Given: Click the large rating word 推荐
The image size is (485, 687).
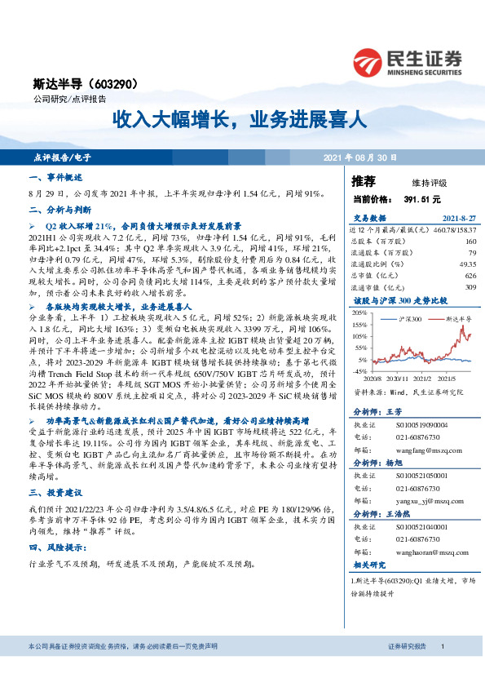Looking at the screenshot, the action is click(x=363, y=180).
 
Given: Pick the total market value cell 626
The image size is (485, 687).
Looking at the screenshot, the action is click(x=470, y=276).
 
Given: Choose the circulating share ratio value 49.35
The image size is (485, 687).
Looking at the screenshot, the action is click(x=467, y=264).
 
